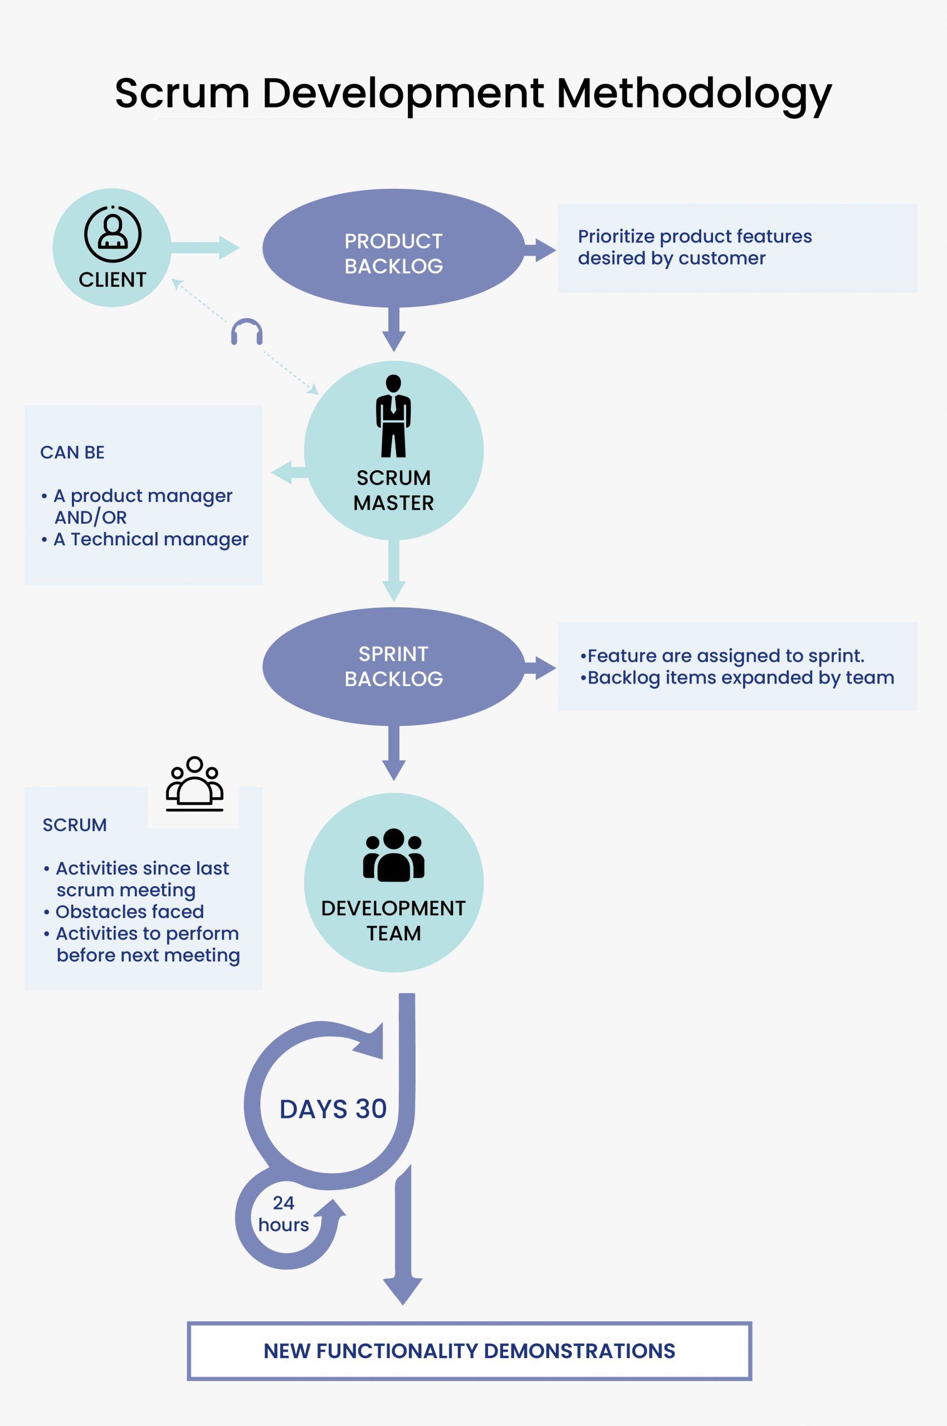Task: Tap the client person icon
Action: point(113,234)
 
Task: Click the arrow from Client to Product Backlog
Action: point(206,247)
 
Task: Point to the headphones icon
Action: point(246,331)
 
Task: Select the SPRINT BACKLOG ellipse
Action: point(393,666)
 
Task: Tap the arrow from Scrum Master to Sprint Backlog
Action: point(393,571)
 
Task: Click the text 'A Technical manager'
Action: point(151,539)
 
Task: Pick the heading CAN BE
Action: point(72,452)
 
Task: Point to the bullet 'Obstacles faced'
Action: point(129,911)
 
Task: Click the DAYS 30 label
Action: point(333,1109)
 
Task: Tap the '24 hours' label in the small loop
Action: point(283,1214)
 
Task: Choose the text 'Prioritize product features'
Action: point(695,236)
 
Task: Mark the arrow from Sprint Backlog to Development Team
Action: point(393,753)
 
